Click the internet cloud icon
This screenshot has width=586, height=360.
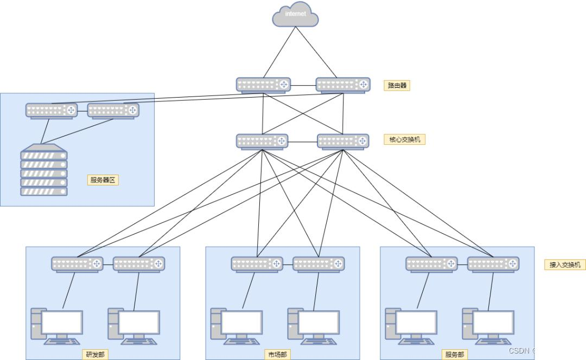click(295, 15)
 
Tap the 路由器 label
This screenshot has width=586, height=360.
click(397, 85)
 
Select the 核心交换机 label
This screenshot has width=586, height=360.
click(404, 140)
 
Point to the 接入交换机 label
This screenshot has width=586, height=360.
click(565, 265)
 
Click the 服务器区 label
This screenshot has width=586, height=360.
click(103, 180)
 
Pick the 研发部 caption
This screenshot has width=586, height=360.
click(95, 355)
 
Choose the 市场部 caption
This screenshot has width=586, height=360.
click(277, 355)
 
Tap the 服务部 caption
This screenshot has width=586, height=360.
click(455, 355)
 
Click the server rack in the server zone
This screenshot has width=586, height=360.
click(44, 170)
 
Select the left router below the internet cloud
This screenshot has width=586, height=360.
click(263, 85)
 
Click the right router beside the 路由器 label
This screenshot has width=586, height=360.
click(343, 85)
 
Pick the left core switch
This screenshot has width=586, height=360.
click(262, 141)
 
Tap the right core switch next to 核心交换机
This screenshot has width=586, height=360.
click(343, 141)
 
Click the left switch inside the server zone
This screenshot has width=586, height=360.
click(52, 111)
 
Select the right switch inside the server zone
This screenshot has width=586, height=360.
click(113, 111)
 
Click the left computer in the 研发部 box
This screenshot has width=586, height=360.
click(57, 326)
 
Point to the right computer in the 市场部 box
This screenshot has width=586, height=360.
click(313, 326)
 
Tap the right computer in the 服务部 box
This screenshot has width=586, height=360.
click(488, 326)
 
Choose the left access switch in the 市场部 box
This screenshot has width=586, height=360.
click(257, 264)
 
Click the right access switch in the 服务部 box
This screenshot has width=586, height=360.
click(493, 264)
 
